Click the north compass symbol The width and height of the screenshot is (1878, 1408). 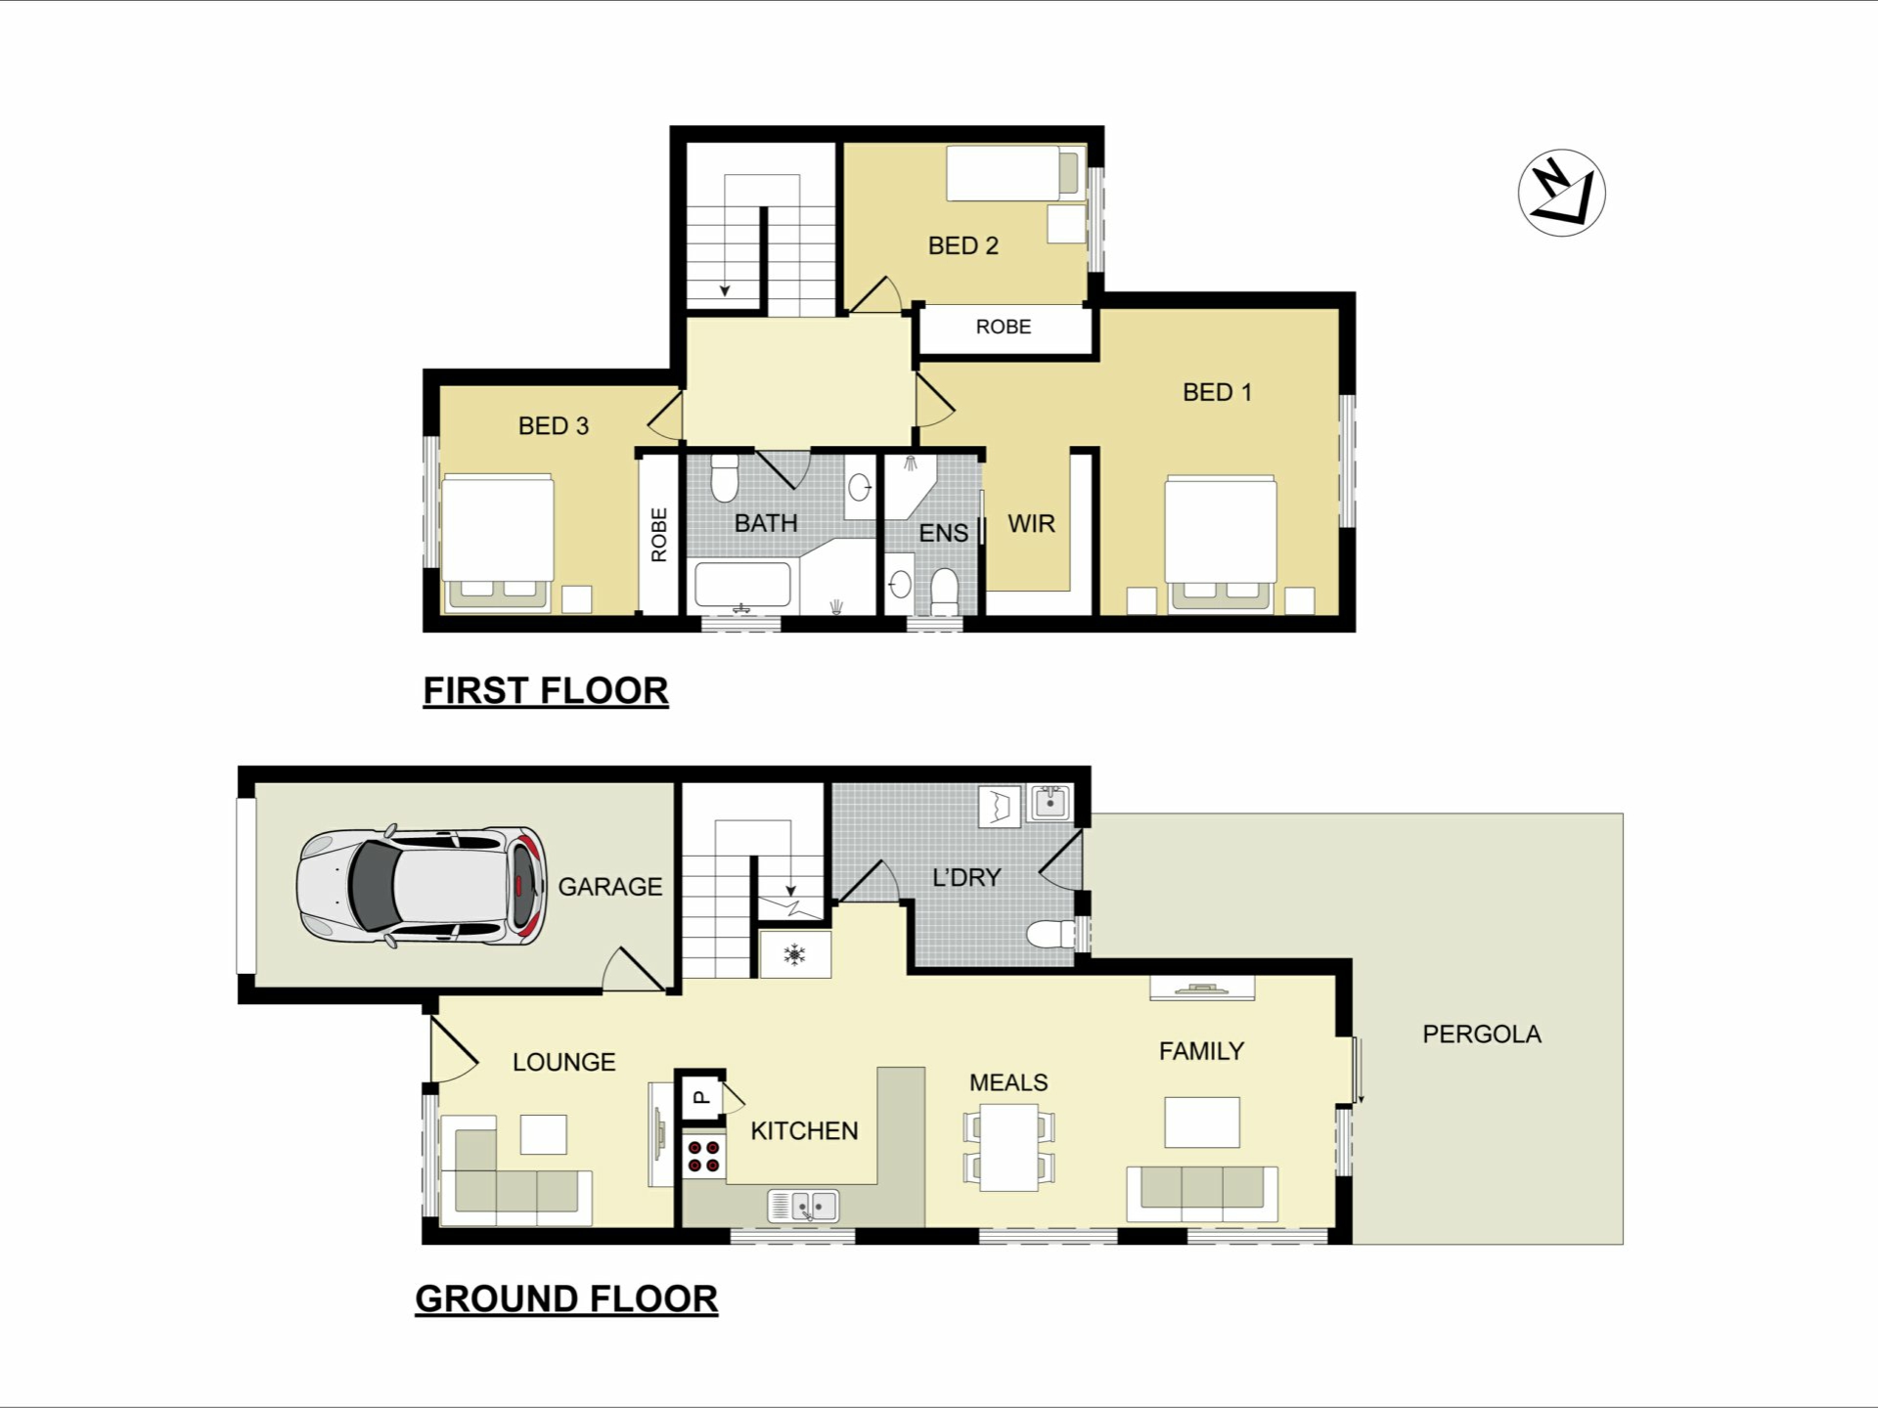tap(1562, 193)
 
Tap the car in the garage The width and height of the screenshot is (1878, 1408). tap(421, 887)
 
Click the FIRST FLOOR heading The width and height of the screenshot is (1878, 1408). tap(546, 691)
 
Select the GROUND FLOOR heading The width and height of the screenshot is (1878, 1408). tap(566, 1299)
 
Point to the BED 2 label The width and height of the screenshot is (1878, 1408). tap(963, 245)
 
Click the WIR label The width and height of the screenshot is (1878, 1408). tap(1031, 524)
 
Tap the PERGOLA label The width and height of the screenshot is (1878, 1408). tap(1482, 1034)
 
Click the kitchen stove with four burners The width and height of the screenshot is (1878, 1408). tap(703, 1156)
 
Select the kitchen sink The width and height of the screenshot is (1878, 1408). tap(803, 1205)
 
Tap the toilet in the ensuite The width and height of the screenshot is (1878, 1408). tap(944, 591)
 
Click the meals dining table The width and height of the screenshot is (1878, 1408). tap(1009, 1147)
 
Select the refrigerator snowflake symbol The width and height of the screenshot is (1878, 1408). tap(795, 954)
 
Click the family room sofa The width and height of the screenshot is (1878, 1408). tap(1202, 1194)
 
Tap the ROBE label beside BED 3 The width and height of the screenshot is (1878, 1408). tap(659, 535)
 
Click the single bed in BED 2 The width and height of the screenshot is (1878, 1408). tap(1015, 173)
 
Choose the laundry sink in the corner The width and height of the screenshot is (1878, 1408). tap(1050, 804)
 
